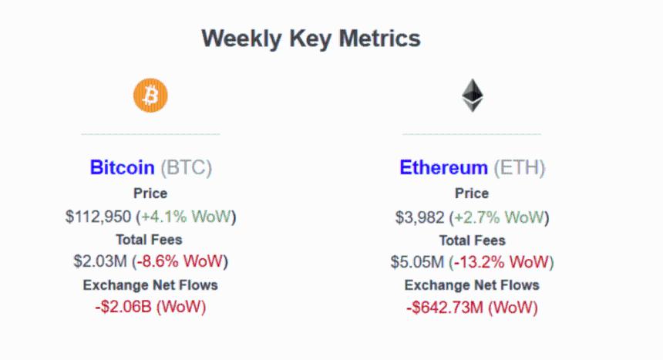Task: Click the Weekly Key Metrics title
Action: pos(311,39)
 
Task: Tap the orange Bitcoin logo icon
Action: pos(150,96)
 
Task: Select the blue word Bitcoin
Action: pos(123,167)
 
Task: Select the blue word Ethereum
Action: pos(443,167)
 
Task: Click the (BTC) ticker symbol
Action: pos(186,167)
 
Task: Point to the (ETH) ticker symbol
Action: pos(519,167)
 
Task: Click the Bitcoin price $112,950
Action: pos(98,216)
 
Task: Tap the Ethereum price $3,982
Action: pos(420,216)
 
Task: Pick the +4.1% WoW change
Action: pos(186,216)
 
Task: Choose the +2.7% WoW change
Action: pos(499,216)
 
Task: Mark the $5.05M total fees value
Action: pos(416,261)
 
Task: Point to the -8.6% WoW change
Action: pos(180,261)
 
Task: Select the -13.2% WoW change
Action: pos(503,261)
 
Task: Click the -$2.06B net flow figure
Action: pos(123,307)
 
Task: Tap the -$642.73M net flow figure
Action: pos(446,307)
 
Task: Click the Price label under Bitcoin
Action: pos(150,193)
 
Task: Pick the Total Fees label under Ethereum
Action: pos(472,240)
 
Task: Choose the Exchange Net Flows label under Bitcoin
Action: pos(150,285)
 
